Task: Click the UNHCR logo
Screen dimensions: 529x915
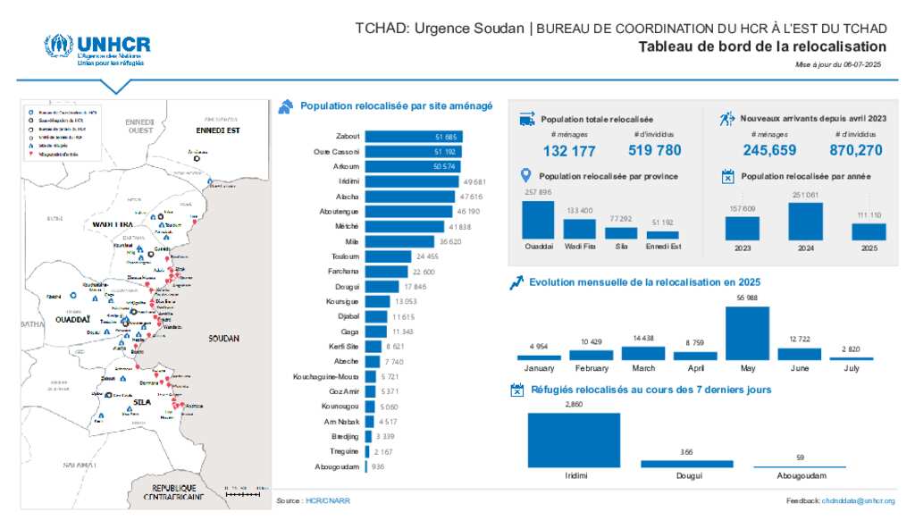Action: click(x=97, y=50)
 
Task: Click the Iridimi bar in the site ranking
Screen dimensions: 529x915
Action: click(x=412, y=181)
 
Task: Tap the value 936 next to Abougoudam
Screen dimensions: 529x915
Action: click(x=378, y=467)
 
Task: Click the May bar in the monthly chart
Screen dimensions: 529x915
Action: click(x=746, y=332)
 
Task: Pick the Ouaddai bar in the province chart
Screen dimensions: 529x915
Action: click(x=538, y=219)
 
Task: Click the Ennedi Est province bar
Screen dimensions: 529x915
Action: click(x=662, y=235)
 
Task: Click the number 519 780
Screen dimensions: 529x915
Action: click(x=655, y=151)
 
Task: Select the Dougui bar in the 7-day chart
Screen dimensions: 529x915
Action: click(x=686, y=464)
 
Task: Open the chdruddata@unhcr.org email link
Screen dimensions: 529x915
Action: click(x=858, y=501)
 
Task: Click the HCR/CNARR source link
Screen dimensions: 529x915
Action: click(x=327, y=501)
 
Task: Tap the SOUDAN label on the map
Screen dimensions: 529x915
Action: click(x=224, y=339)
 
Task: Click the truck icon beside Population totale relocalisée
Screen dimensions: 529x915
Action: click(x=527, y=119)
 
